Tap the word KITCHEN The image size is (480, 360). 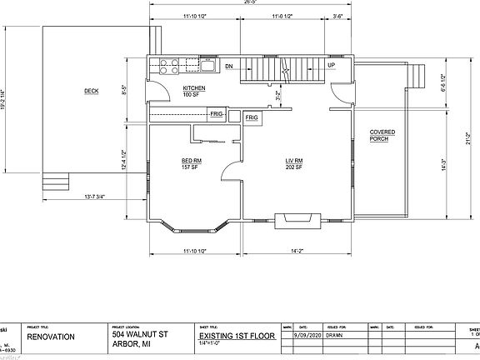pyautogui.click(x=193, y=87)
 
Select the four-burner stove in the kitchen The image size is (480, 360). pyautogui.click(x=165, y=65)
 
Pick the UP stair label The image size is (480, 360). pyautogui.click(x=332, y=65)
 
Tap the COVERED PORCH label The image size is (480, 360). pyautogui.click(x=382, y=136)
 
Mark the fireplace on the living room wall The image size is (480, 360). pyautogui.click(x=297, y=219)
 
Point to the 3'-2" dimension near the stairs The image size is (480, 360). pyautogui.click(x=278, y=94)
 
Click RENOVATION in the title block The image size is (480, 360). pyautogui.click(x=50, y=337)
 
